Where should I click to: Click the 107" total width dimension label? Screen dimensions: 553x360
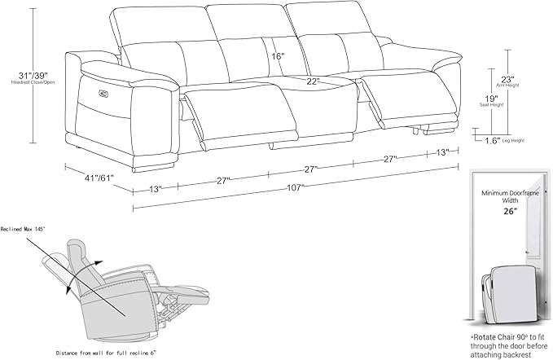point(295,187)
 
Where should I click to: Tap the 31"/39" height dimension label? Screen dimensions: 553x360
point(33,75)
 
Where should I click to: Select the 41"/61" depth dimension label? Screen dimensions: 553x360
point(99,178)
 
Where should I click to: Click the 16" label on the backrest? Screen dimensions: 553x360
point(278,56)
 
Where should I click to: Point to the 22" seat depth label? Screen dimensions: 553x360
point(313,81)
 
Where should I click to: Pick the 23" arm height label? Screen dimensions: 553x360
point(508,79)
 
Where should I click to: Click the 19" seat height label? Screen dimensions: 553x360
point(491,99)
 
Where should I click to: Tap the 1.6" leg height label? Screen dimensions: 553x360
point(493,141)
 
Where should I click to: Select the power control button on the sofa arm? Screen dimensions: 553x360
point(103,93)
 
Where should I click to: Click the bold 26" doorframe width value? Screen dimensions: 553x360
point(510,211)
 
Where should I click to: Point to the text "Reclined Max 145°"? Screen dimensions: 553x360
point(24,229)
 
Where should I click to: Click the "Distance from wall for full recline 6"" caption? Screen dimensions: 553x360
point(106,352)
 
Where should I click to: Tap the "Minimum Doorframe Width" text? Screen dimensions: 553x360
point(510,197)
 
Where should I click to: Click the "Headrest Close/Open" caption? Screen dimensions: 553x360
point(33,82)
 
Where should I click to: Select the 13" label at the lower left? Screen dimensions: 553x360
point(156,189)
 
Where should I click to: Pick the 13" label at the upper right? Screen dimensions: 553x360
point(442,152)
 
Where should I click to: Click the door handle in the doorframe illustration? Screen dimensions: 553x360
point(526,252)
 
